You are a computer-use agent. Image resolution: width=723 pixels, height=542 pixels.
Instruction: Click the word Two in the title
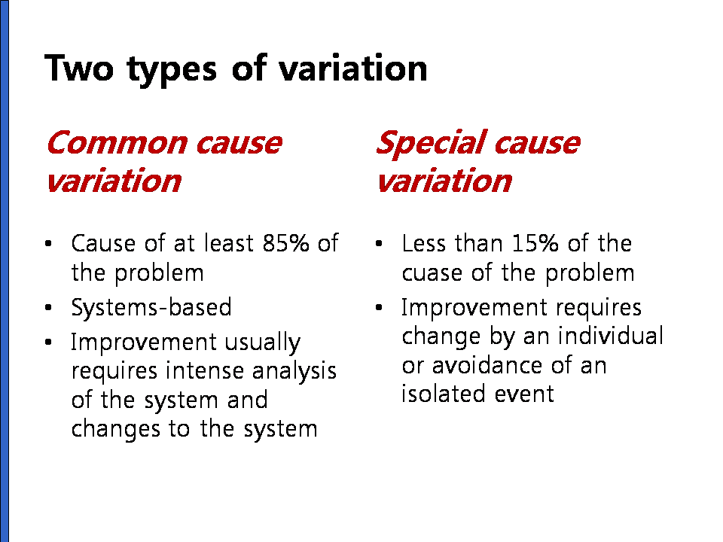pos(79,69)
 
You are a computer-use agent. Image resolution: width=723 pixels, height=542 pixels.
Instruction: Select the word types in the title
pos(172,70)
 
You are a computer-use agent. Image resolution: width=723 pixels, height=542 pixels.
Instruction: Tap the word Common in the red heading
pos(117,143)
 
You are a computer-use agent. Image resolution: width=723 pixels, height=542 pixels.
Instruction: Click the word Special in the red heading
pos(431,144)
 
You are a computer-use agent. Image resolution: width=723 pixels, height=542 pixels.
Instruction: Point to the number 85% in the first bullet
pos(285,243)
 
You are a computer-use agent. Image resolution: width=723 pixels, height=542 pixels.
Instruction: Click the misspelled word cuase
pos(432,274)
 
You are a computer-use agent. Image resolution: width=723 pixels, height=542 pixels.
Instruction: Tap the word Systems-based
pos(151,307)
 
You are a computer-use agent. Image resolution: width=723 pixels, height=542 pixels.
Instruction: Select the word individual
pos(611,336)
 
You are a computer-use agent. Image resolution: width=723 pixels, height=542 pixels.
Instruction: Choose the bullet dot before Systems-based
pos(48,307)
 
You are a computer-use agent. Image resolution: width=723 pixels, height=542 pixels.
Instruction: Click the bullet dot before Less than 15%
pos(379,243)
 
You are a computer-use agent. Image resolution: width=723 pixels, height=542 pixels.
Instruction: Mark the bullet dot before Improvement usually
pos(48,342)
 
